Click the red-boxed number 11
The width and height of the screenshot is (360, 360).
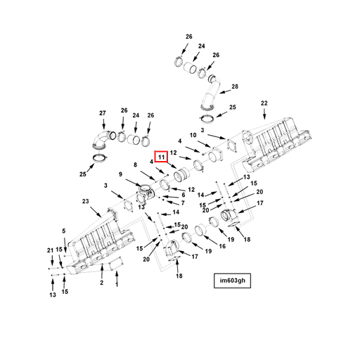point(161,157)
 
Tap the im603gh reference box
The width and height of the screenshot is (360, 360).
point(232,281)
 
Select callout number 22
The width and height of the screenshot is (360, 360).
point(264,103)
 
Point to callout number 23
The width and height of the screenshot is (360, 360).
point(86,201)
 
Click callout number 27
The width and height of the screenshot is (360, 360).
point(103,113)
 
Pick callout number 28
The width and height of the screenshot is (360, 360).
point(235,86)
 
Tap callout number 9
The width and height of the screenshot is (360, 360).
point(120,174)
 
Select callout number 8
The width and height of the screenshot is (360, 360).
point(135,165)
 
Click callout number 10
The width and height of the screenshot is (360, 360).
point(193,135)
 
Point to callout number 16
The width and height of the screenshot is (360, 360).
point(222,246)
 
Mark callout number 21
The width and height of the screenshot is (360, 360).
point(50,250)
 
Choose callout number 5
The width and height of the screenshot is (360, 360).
point(64,231)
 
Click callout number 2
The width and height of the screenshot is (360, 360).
point(101,283)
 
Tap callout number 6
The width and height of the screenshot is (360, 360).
point(184,195)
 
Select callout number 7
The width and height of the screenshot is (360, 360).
point(183,203)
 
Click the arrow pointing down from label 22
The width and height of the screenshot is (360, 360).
point(264,114)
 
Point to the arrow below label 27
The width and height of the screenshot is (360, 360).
point(103,124)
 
